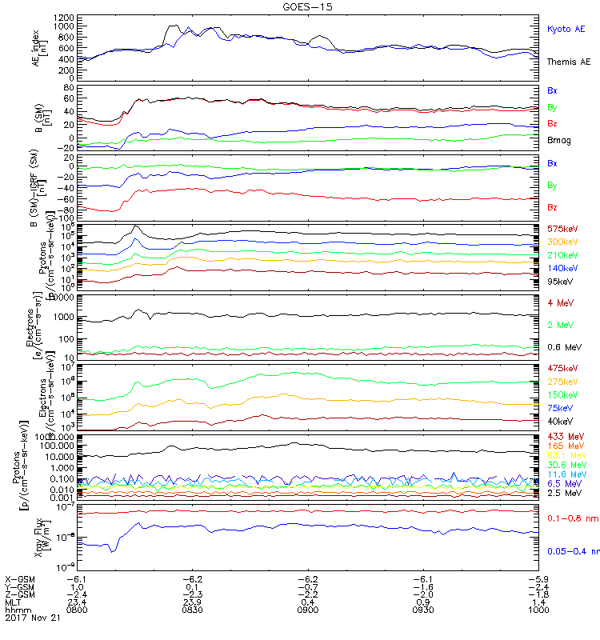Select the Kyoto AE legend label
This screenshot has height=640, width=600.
(566, 30)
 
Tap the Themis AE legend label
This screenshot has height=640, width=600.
(568, 62)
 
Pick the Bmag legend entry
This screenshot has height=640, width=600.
(558, 141)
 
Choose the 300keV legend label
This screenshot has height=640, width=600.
(562, 242)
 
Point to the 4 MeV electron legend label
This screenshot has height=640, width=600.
(561, 302)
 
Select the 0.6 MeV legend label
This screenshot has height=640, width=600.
(564, 347)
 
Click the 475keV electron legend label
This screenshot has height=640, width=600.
(562, 369)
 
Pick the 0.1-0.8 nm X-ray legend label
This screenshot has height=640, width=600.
(568, 519)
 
